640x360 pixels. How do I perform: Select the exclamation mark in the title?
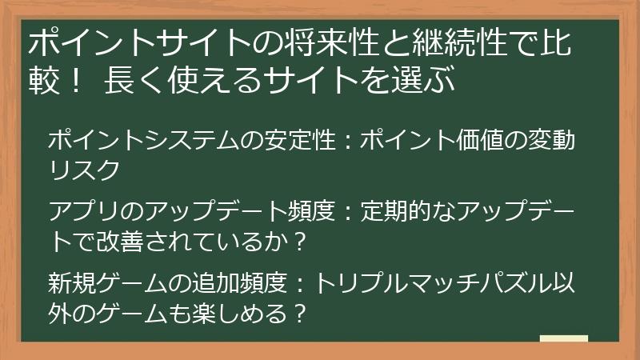tap(76, 82)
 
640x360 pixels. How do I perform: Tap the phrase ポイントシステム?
tap(144, 142)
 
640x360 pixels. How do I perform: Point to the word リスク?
tap(84, 170)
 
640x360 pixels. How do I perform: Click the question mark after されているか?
tap(301, 241)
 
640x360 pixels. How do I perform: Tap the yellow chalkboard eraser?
tap(564, 338)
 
